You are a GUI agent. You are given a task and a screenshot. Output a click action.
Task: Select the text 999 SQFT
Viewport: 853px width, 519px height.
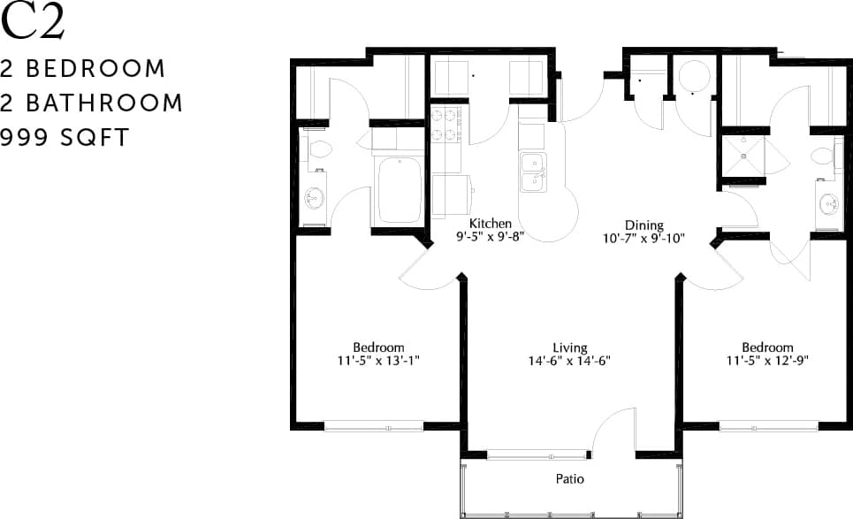[x=65, y=137]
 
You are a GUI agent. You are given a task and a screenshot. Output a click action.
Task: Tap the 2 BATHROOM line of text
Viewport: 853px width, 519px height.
[x=92, y=103]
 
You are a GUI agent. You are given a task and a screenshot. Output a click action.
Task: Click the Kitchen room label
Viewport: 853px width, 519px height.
[x=490, y=223]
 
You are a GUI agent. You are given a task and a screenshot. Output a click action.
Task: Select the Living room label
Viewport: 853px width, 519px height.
[x=570, y=347]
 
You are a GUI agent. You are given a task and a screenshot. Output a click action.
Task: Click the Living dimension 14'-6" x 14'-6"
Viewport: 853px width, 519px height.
[x=570, y=361]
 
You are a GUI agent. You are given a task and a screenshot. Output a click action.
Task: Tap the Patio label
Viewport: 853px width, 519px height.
[x=570, y=479]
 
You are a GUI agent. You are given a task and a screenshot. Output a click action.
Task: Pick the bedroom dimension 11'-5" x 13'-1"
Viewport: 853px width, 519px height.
[x=378, y=361]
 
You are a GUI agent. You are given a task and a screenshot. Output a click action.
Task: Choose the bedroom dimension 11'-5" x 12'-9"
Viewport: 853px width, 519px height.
[x=767, y=361]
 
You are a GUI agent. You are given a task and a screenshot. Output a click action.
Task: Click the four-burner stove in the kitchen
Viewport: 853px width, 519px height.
[x=446, y=124]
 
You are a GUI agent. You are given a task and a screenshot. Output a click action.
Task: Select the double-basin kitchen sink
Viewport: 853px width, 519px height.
[x=533, y=172]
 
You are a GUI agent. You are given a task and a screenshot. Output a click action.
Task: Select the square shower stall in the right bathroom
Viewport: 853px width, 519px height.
[x=743, y=156]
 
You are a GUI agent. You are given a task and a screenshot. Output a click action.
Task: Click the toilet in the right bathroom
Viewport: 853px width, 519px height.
[x=823, y=156]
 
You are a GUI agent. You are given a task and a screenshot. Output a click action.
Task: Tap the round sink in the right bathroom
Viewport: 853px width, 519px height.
[x=828, y=203]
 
